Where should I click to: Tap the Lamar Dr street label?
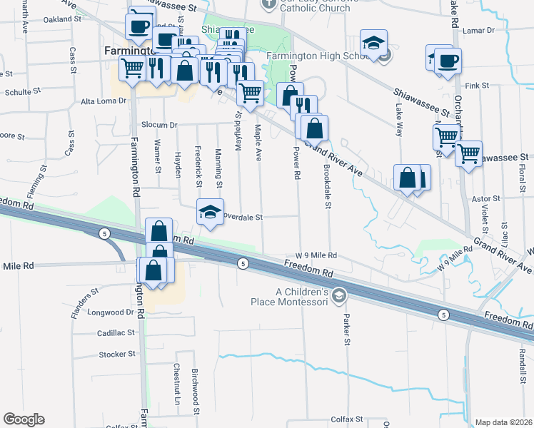[x=478, y=31]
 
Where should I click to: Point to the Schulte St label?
[x=19, y=93]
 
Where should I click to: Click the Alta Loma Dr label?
[x=103, y=101]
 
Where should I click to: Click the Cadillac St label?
[x=116, y=333]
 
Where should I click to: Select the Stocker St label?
[x=117, y=354]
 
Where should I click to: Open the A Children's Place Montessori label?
[x=302, y=297]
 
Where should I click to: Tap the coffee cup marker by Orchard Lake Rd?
[x=448, y=61]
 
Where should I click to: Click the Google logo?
[x=24, y=419]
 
